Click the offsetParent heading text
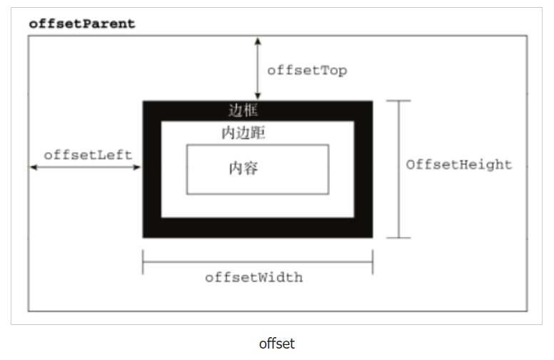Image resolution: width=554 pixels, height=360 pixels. pyautogui.click(x=81, y=24)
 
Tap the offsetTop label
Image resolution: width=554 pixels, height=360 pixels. pyautogui.click(x=307, y=71)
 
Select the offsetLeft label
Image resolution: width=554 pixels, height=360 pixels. pyautogui.click(x=88, y=154)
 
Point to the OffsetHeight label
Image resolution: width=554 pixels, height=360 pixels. pyautogui.click(x=459, y=164)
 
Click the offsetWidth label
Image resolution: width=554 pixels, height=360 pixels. pyautogui.click(x=253, y=277)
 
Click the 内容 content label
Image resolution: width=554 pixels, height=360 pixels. pyautogui.click(x=243, y=169)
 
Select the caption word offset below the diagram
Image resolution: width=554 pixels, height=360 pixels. pyautogui.click(x=276, y=343)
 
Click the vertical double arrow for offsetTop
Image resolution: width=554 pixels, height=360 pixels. pyautogui.click(x=258, y=68)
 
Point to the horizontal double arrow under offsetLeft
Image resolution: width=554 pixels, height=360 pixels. pyautogui.click(x=86, y=168)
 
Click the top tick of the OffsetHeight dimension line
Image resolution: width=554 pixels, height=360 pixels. pyautogui.click(x=398, y=101)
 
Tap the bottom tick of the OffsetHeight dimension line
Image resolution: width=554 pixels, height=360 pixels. pyautogui.click(x=398, y=237)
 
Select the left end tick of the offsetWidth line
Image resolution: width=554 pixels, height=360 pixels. pyautogui.click(x=143, y=261)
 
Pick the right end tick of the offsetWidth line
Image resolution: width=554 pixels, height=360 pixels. pyautogui.click(x=372, y=261)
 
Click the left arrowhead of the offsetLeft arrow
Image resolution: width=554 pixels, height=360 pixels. pyautogui.click(x=33, y=168)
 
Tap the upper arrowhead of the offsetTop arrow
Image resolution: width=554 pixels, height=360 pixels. pyautogui.click(x=258, y=40)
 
